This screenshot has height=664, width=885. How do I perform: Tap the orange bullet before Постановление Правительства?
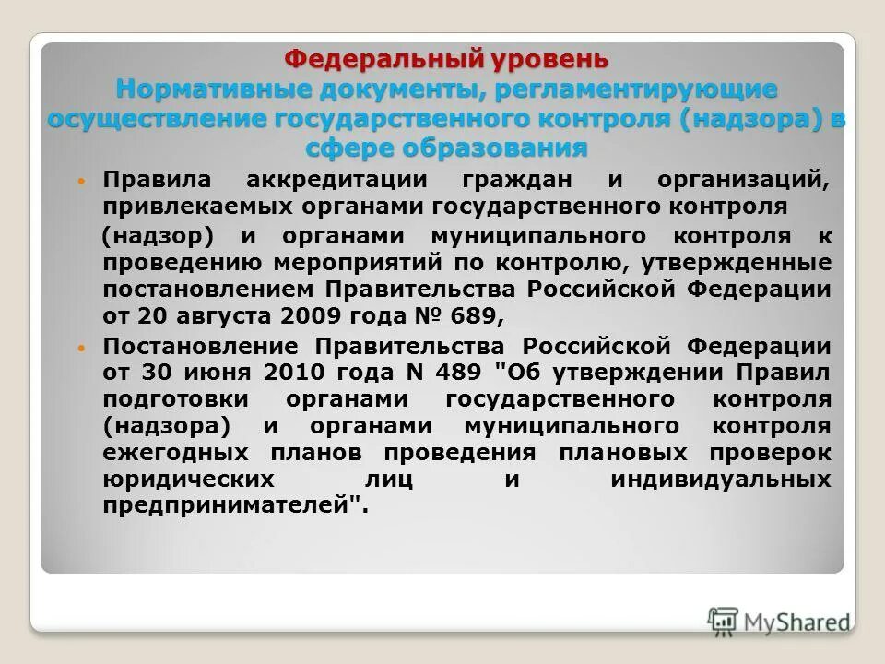click(x=81, y=349)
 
